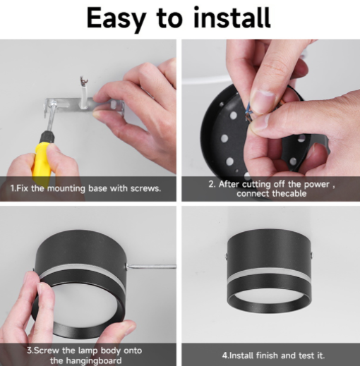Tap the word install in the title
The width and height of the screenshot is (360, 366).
[232, 17]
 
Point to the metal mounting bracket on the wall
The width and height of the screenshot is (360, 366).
[84, 106]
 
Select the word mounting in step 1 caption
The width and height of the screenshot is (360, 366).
[66, 189]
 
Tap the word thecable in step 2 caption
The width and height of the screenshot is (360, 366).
[289, 194]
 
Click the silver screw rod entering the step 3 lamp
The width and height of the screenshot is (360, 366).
[151, 267]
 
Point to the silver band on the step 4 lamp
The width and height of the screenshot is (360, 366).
[269, 273]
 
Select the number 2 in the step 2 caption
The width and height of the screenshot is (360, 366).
[211, 184]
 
